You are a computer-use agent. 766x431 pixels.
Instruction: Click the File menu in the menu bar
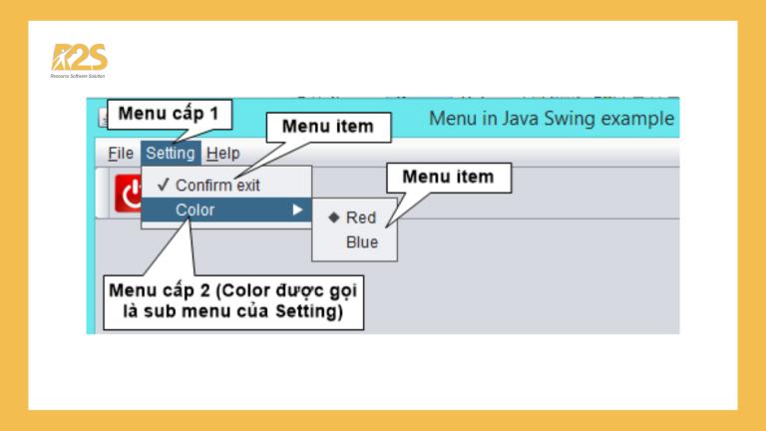[120, 154]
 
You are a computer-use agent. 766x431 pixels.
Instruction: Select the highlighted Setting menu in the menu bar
[170, 154]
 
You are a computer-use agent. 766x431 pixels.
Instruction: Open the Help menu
[222, 154]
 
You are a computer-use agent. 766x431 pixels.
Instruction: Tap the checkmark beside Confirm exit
[162, 186]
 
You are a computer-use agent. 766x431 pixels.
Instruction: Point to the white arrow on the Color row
[296, 211]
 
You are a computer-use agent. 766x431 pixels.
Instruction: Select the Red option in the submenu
[361, 217]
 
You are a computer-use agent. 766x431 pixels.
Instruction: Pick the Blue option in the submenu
[362, 241]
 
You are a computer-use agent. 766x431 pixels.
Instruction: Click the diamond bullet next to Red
[333, 217]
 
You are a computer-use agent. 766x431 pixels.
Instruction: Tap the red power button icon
[129, 193]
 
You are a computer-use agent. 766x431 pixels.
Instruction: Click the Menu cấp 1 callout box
[169, 114]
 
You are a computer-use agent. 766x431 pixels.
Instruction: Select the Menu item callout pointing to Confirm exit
[327, 127]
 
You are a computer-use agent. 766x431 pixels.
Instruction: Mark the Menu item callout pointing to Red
[448, 178]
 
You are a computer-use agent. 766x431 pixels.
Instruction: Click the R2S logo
[79, 61]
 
